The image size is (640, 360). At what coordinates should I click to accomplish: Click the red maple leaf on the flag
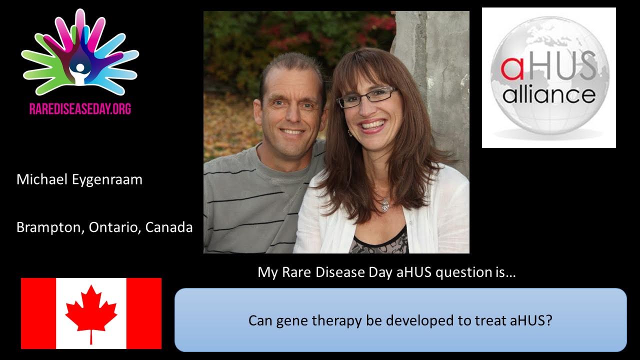pyautogui.click(x=91, y=313)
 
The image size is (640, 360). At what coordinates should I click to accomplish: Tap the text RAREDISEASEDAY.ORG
pyautogui.click(x=80, y=109)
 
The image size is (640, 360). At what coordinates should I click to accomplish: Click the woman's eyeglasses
pyautogui.click(x=367, y=97)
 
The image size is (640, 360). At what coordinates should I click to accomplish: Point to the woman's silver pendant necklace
pyautogui.click(x=384, y=205)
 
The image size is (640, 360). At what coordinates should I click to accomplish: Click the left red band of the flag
pyautogui.click(x=38, y=313)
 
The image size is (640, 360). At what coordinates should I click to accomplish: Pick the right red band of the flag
pyautogui.click(x=143, y=313)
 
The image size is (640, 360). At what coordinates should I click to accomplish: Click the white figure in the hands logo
pyautogui.click(x=80, y=73)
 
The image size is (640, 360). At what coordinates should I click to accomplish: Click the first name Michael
pyautogui.click(x=42, y=179)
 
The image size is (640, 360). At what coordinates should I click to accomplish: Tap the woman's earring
pyautogui.click(x=349, y=132)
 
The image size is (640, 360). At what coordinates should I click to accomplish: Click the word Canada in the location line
pyautogui.click(x=169, y=227)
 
